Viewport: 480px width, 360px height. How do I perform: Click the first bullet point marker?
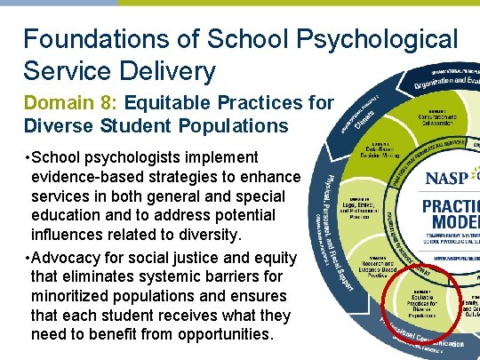point(27,156)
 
